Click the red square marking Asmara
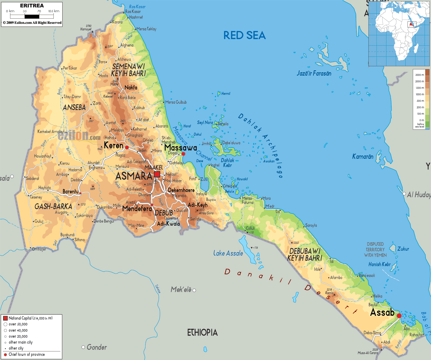(157, 174)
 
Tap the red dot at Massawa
(183, 154)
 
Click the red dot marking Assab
(399, 316)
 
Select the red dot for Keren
(127, 147)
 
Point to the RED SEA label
(244, 35)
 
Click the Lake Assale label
(228, 253)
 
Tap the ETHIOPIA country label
(202, 333)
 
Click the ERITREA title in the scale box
(32, 5)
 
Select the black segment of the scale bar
(32, 16)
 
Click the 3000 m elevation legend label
(419, 75)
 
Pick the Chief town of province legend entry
(27, 355)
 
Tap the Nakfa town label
(131, 88)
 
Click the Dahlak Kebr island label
(227, 163)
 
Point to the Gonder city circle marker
(83, 347)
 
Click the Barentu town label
(71, 191)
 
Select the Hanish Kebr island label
(379, 264)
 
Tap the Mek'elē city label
(181, 289)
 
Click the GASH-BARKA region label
(53, 206)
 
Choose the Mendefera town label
(137, 209)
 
